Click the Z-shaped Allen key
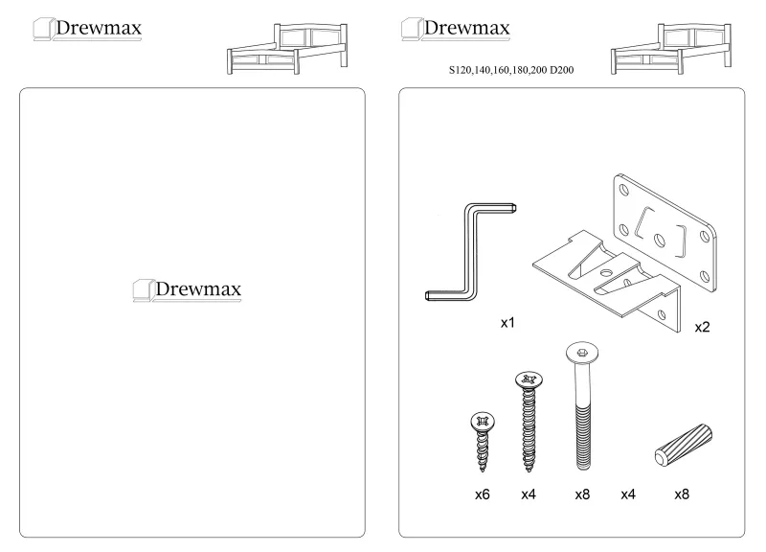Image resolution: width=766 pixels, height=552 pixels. (471, 252)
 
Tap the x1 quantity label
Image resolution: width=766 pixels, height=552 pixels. (507, 323)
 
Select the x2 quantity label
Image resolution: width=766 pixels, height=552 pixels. (702, 327)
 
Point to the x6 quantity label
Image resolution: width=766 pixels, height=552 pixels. (483, 494)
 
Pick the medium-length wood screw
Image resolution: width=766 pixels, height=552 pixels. (529, 422)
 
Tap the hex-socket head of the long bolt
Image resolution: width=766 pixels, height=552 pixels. (582, 353)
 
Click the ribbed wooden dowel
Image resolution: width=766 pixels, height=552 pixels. (684, 446)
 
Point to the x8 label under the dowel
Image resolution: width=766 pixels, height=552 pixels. (682, 494)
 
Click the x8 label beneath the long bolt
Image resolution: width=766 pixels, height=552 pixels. (582, 494)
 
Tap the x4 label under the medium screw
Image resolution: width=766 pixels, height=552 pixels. (529, 494)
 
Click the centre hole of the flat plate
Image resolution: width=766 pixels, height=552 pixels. (660, 241)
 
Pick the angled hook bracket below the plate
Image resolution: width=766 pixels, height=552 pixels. (606, 282)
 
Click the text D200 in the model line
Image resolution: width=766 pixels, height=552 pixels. (562, 70)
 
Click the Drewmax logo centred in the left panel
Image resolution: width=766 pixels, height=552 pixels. (187, 290)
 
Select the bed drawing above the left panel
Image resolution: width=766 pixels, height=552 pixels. (287, 49)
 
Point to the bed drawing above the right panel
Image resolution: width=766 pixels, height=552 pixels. (671, 49)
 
